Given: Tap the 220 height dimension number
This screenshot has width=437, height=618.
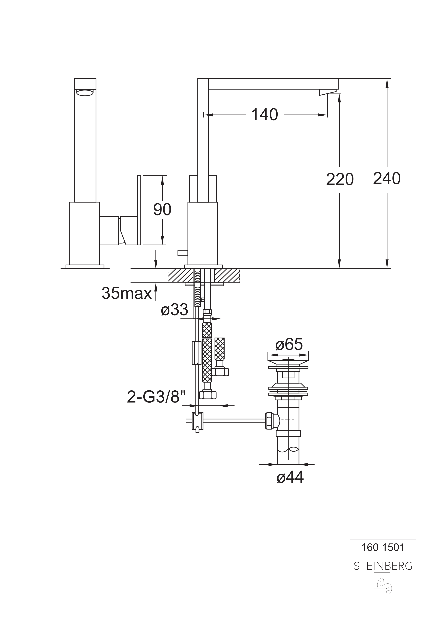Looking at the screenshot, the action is pos(340,179).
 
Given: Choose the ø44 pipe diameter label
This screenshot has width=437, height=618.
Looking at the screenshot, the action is pos(290,477).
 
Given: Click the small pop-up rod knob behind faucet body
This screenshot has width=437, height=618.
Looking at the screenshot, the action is pos(182,253).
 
